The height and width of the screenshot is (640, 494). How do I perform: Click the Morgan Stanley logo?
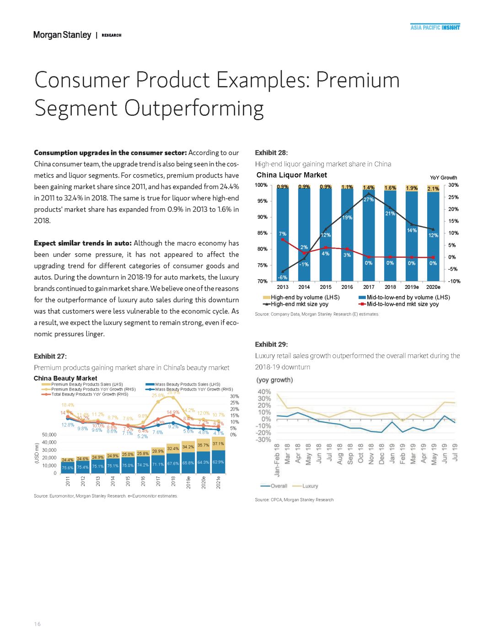point(62,35)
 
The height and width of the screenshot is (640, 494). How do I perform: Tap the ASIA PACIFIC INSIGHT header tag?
point(435,27)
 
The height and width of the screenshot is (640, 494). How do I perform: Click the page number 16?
point(37,624)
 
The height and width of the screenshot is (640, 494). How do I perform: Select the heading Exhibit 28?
point(271,153)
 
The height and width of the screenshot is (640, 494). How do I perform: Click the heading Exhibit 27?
point(50,356)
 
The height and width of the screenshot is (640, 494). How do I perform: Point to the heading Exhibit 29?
point(271,344)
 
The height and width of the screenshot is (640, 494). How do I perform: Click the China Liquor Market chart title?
point(292,175)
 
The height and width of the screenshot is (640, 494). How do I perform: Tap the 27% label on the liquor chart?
point(369,200)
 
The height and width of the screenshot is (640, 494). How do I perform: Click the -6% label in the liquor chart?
point(283,277)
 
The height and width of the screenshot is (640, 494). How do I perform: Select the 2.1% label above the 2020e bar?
point(433,189)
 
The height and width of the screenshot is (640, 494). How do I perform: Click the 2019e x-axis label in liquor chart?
point(412,287)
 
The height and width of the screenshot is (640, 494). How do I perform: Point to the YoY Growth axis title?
point(443,178)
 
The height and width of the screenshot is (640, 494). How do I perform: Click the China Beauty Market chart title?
point(65,378)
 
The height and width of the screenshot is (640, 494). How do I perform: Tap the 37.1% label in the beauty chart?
point(218,444)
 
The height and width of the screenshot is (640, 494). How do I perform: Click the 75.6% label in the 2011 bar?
point(68,467)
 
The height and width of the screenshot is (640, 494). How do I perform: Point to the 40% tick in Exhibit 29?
point(264,392)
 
